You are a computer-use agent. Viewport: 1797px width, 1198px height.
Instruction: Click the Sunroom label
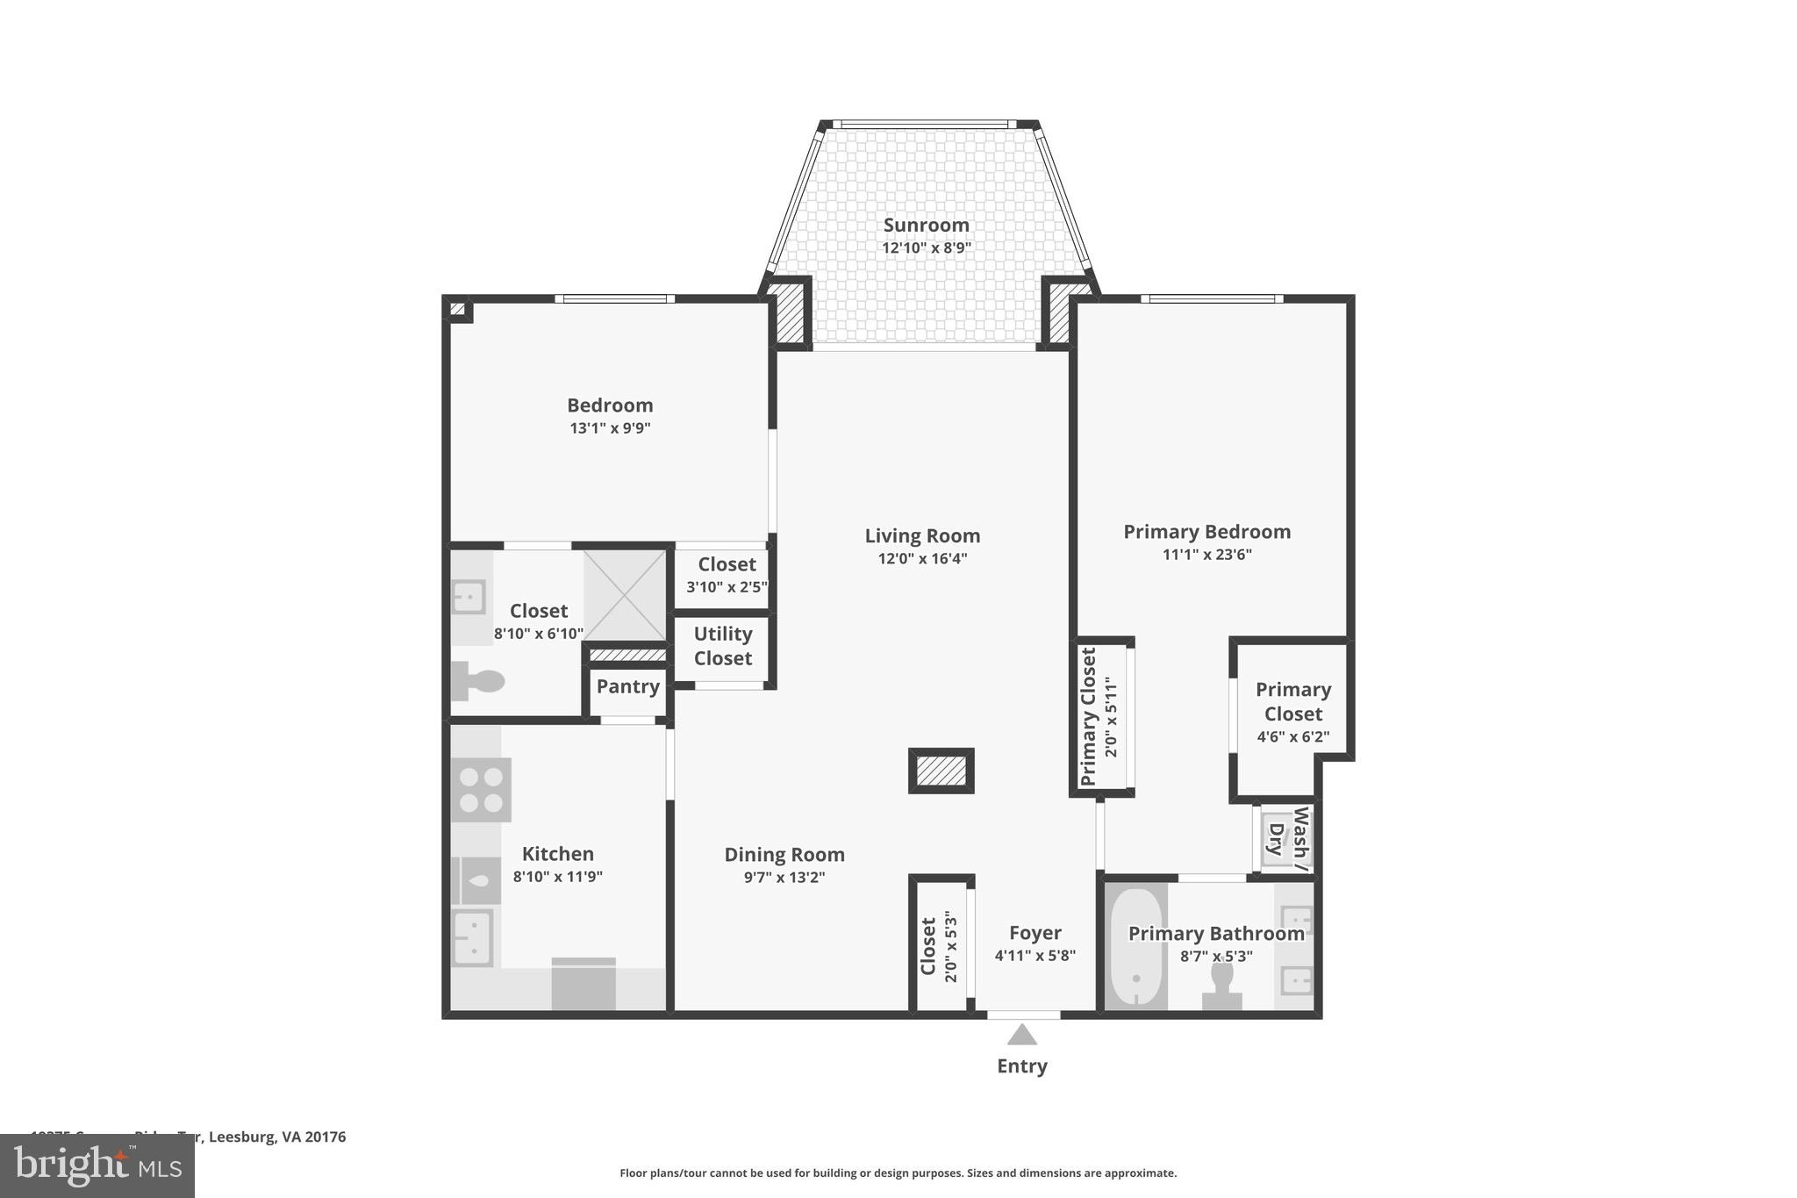pyautogui.click(x=926, y=225)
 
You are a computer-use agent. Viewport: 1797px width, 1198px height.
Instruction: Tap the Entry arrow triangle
pyautogui.click(x=1021, y=1036)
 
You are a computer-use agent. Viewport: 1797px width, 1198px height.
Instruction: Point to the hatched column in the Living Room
pyautogui.click(x=941, y=771)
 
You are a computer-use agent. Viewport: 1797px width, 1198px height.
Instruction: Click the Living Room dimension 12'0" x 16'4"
pyautogui.click(x=922, y=559)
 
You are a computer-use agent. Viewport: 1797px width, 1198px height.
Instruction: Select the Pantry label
pyautogui.click(x=627, y=686)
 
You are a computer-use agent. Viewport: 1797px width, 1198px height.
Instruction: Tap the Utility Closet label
pyautogui.click(x=723, y=646)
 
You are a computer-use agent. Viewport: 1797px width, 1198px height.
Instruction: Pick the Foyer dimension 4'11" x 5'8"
pyautogui.click(x=1035, y=957)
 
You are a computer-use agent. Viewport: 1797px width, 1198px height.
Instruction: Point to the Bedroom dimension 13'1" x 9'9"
pyautogui.click(x=610, y=428)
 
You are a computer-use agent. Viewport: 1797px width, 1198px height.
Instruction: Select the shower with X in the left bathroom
pyautogui.click(x=624, y=595)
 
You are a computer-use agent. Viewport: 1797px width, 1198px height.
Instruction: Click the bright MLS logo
pyautogui.click(x=97, y=1166)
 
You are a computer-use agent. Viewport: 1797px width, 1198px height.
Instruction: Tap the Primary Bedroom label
pyautogui.click(x=1206, y=532)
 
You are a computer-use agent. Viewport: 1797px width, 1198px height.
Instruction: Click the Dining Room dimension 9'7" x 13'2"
pyautogui.click(x=784, y=878)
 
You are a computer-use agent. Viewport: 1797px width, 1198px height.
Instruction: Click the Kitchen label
pyautogui.click(x=557, y=854)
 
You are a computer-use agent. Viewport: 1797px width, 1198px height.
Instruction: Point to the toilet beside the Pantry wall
pyautogui.click(x=478, y=681)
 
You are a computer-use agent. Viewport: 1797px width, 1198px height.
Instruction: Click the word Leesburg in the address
pyautogui.click(x=242, y=1137)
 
